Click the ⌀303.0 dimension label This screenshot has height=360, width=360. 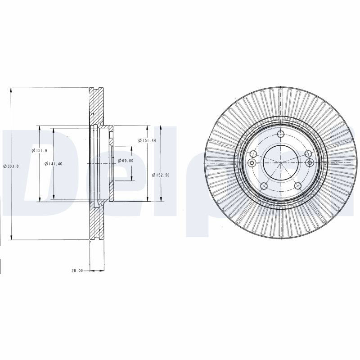click(x=11, y=166)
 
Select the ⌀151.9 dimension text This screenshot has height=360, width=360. click(x=40, y=150)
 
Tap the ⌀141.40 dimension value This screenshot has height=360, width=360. click(x=53, y=164)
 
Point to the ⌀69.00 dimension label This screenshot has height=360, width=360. click(x=126, y=161)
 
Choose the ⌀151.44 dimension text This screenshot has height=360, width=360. click(x=147, y=140)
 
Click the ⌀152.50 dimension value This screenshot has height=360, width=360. click(x=161, y=175)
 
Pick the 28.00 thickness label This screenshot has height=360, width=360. click(x=77, y=271)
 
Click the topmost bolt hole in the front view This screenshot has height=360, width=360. click(x=280, y=134)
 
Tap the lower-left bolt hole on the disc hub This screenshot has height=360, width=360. click(x=264, y=186)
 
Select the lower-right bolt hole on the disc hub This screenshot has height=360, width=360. click(x=297, y=186)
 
